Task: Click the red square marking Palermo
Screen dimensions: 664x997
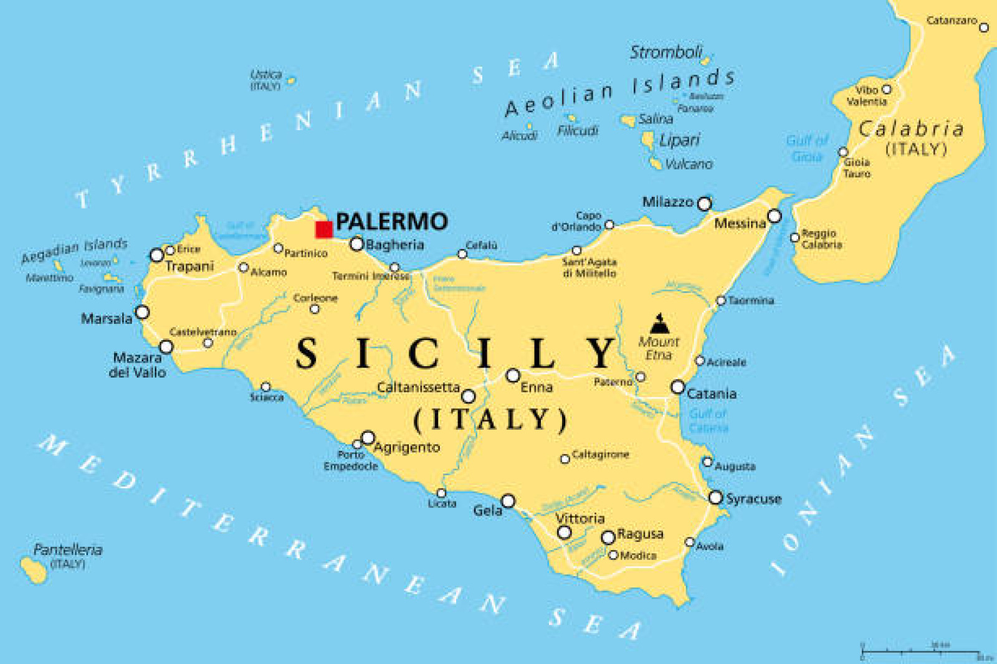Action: click(x=324, y=229)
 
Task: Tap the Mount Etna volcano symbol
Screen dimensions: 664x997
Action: click(x=659, y=324)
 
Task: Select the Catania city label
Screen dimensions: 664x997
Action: click(x=712, y=394)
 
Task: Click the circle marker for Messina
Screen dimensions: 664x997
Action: click(x=774, y=216)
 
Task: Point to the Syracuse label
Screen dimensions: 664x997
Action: click(x=753, y=499)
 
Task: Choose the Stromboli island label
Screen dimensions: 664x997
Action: click(x=665, y=52)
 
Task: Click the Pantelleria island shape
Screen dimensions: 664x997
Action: click(x=34, y=569)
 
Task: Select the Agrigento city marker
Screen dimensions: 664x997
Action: click(x=368, y=438)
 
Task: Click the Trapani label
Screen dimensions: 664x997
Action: click(x=189, y=267)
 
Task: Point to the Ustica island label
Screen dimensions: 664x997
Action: click(x=266, y=74)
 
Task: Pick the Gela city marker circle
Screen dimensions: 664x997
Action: click(x=508, y=501)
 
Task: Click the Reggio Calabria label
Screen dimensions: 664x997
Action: click(x=821, y=239)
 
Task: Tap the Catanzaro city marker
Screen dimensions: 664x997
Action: click(x=984, y=27)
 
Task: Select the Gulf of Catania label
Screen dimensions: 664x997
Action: click(x=708, y=420)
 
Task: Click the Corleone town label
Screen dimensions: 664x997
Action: click(x=315, y=298)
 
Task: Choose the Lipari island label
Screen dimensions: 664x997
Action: click(x=679, y=140)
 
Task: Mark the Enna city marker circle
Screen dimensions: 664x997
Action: click(x=513, y=376)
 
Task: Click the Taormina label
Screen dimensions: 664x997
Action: click(x=751, y=300)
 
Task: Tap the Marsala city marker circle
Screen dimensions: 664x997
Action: click(x=143, y=312)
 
